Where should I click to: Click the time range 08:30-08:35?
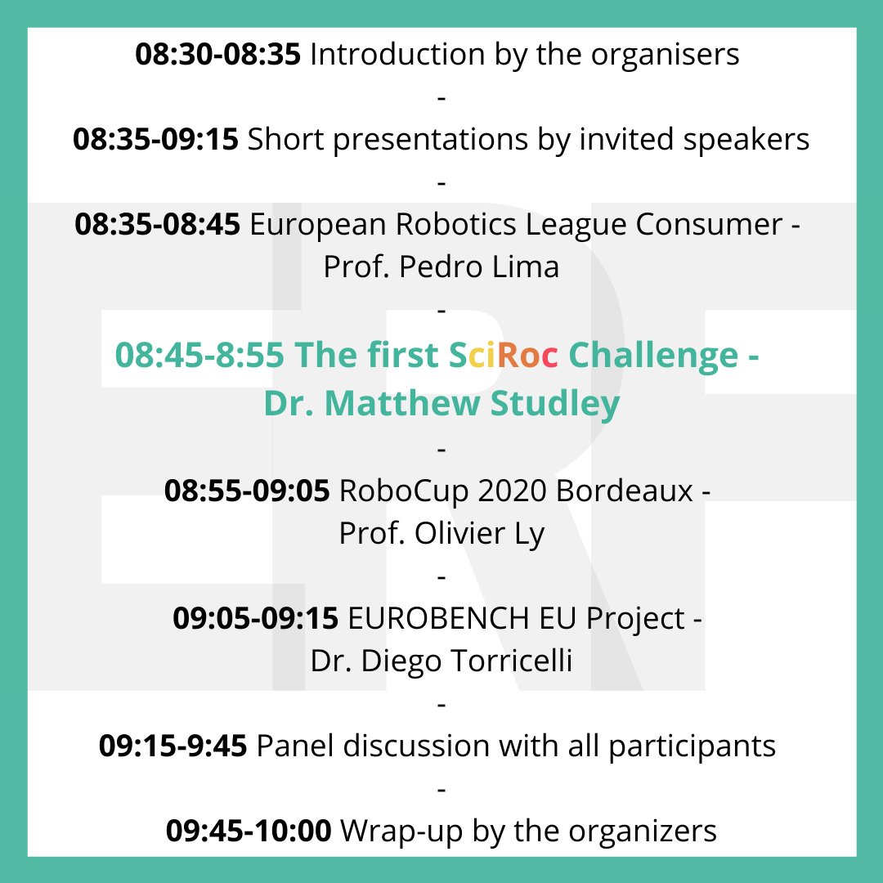pyautogui.click(x=218, y=55)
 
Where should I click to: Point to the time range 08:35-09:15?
pyautogui.click(x=155, y=140)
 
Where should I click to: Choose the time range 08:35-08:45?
pyautogui.click(x=157, y=225)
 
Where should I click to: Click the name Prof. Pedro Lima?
pyautogui.click(x=441, y=267)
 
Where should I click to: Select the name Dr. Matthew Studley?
pyautogui.click(x=441, y=404)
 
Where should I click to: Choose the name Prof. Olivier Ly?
pyautogui.click(x=441, y=534)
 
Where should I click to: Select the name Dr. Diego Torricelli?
pyautogui.click(x=441, y=661)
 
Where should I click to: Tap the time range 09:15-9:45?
pyautogui.click(x=173, y=746)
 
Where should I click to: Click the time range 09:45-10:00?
pyautogui.click(x=249, y=831)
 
